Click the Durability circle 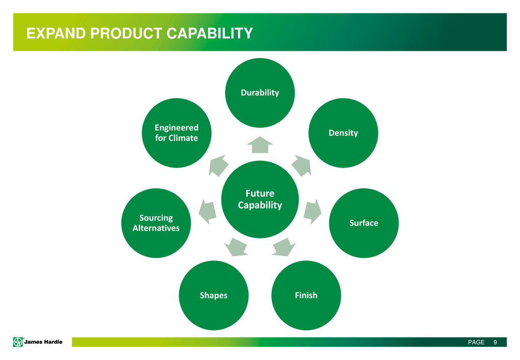tap(260, 92)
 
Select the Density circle tap(343, 133)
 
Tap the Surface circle tap(363, 223)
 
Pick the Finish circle tap(306, 295)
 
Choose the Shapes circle tap(214, 295)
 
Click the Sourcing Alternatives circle tap(156, 223)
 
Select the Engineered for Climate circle tap(176, 133)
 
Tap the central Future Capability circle tap(260, 199)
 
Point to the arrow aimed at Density tap(302, 166)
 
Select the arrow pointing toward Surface tap(313, 211)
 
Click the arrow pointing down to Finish tap(284, 247)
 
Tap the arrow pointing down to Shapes tap(237, 247)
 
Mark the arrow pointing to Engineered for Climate tap(219, 166)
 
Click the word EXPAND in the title tap(51, 34)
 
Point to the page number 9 tap(495, 342)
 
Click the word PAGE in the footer tap(476, 342)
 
